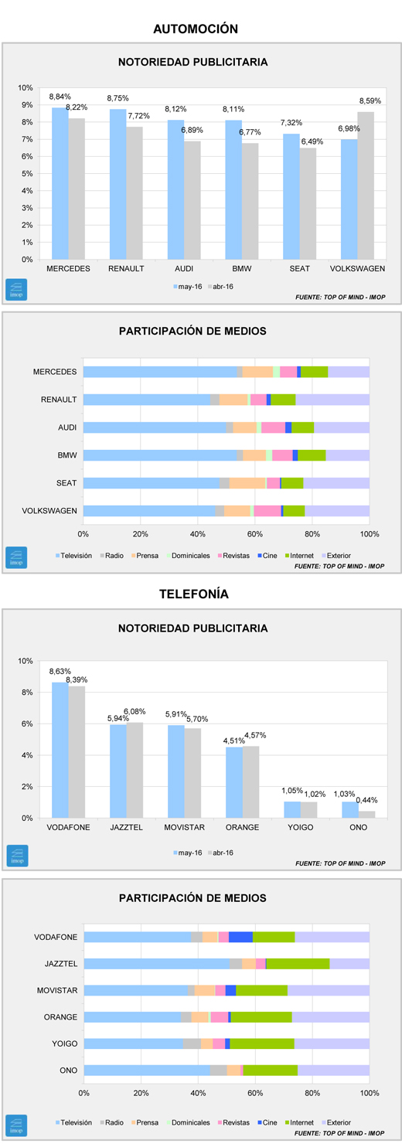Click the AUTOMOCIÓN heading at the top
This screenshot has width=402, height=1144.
196,29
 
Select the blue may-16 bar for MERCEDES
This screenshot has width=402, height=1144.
60,183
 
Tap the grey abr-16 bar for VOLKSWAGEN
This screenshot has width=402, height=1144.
366,186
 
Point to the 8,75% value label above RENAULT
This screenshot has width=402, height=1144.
118,98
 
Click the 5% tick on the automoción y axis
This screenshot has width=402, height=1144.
26,174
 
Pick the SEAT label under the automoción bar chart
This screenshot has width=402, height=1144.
300,269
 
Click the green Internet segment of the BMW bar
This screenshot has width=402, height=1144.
312,455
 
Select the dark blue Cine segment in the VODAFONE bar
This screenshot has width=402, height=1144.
240,937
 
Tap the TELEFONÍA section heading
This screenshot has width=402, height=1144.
194,594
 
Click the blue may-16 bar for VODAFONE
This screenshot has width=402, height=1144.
60,751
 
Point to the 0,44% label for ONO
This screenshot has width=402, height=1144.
366,800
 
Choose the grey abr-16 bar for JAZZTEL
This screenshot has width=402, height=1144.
135,770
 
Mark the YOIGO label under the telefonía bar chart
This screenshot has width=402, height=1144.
301,827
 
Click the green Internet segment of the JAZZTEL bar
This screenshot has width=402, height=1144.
298,963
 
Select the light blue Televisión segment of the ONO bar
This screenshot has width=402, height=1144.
147,1070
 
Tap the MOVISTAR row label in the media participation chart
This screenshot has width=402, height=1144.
57,990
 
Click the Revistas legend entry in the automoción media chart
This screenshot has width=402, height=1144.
233,556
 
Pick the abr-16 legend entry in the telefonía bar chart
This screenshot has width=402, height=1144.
220,853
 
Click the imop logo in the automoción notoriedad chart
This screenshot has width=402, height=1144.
16,290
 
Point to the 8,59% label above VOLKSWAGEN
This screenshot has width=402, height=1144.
370,101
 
